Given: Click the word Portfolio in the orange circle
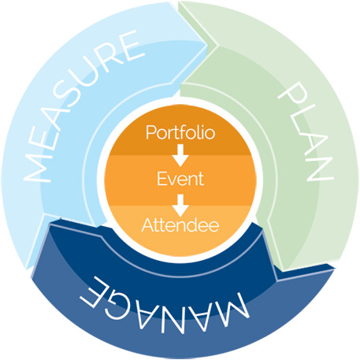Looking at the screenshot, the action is coord(180,132).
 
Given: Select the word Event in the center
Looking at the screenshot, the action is coord(180,179).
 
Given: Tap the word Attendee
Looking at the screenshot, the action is coord(180,225).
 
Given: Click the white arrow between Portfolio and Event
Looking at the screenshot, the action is coord(180,155).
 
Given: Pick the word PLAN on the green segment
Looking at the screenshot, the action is coord(306,132).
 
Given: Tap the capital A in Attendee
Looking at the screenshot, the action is coord(148,225).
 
